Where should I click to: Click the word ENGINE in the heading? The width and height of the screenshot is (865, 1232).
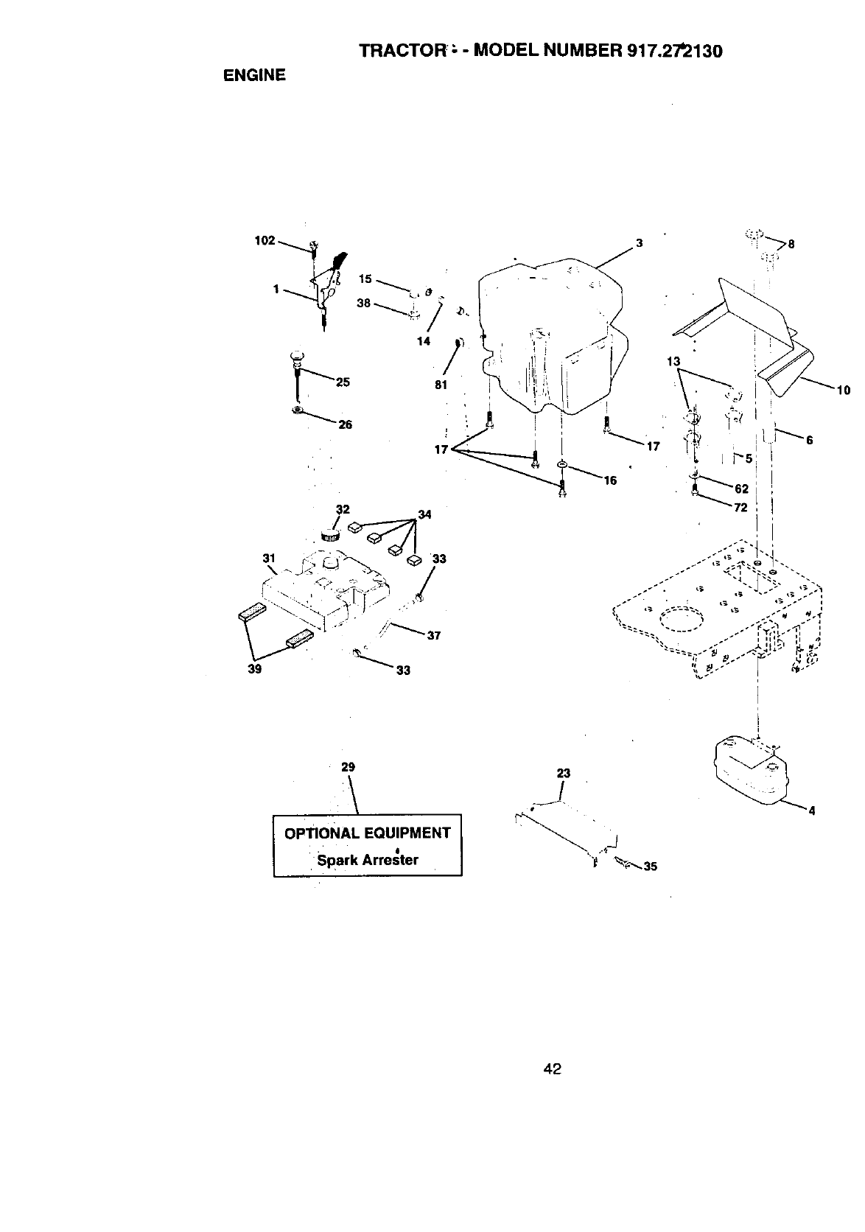[x=254, y=75]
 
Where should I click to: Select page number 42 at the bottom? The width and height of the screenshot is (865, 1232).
[x=553, y=1068]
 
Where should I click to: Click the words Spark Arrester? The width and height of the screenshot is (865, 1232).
[x=367, y=859]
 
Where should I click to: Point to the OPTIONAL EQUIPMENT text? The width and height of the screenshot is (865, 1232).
[x=367, y=833]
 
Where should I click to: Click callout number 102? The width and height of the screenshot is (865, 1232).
[x=264, y=240]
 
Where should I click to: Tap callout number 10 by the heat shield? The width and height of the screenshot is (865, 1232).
[x=844, y=391]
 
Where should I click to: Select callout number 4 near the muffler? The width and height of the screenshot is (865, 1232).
[x=811, y=811]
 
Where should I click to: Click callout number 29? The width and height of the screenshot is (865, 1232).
[x=349, y=767]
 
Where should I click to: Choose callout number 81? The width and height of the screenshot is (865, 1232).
[x=441, y=385]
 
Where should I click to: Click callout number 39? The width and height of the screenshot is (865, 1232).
[x=255, y=670]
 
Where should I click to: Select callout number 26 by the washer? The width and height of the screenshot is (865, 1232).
[x=345, y=424]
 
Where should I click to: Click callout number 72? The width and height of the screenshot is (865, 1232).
[x=740, y=508]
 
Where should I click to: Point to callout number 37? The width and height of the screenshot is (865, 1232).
[x=433, y=636]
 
